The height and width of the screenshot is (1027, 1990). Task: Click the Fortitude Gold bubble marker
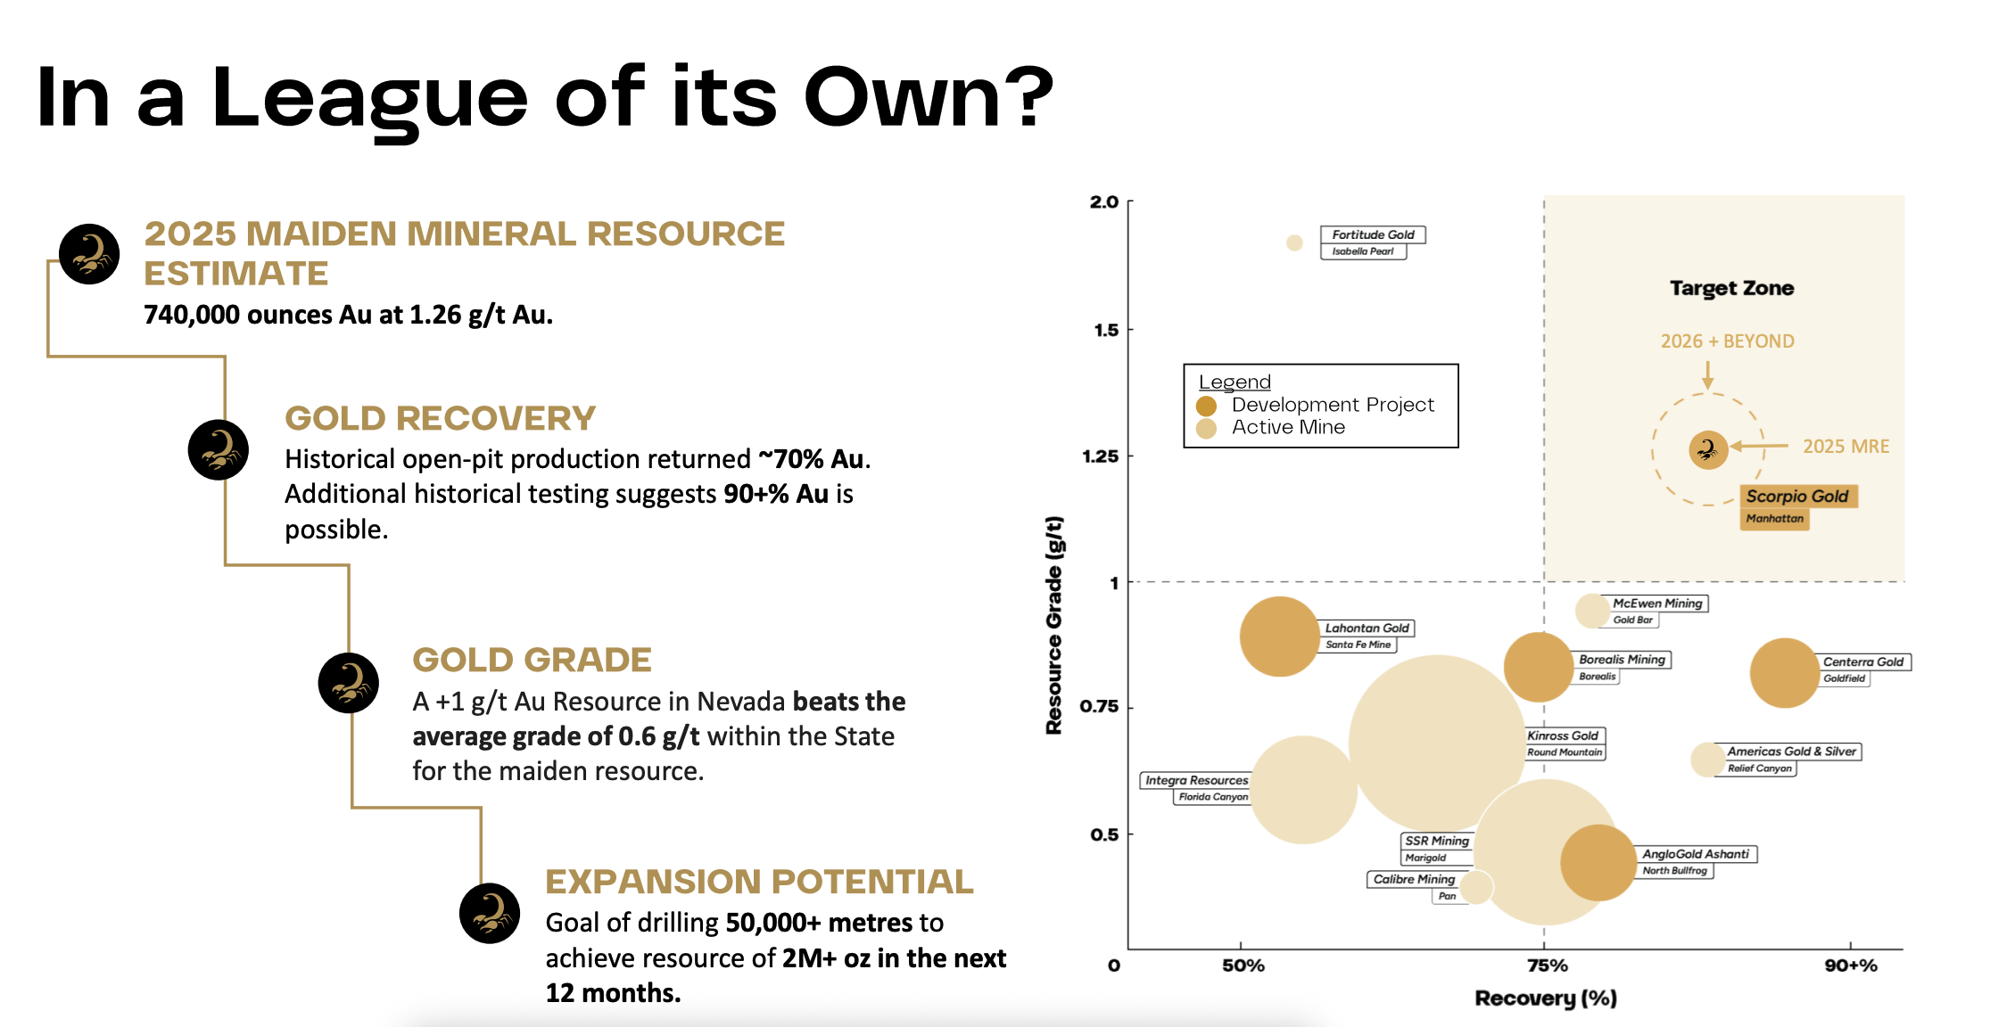point(1294,242)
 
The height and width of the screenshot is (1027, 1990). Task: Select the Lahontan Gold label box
point(1367,629)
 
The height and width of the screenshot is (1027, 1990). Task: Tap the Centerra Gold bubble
point(1784,673)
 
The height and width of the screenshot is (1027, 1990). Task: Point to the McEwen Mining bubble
point(1591,611)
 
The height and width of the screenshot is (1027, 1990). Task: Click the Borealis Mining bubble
point(1538,667)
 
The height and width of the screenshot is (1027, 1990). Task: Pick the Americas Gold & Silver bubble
point(1706,760)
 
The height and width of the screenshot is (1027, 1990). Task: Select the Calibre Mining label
point(1414,880)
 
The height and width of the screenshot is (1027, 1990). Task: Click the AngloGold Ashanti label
point(1695,854)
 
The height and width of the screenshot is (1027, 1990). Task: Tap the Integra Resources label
point(1196,781)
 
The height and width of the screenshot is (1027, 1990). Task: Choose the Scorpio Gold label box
point(1797,497)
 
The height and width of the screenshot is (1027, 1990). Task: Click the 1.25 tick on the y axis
point(1100,456)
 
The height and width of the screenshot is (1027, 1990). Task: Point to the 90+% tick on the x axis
point(1851,965)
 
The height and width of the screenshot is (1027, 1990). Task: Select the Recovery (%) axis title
point(1546,998)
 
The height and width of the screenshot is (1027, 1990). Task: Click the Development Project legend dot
point(1207,406)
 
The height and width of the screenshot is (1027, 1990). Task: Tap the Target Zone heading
point(1731,288)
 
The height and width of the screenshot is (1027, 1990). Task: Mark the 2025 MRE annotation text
point(1845,447)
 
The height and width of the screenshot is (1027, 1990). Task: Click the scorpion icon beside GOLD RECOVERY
point(219,450)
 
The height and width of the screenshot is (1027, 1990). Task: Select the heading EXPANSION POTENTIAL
point(759,882)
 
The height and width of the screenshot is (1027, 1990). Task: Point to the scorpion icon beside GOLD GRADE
point(349,684)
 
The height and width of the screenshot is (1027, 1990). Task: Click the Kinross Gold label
point(1563,736)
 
